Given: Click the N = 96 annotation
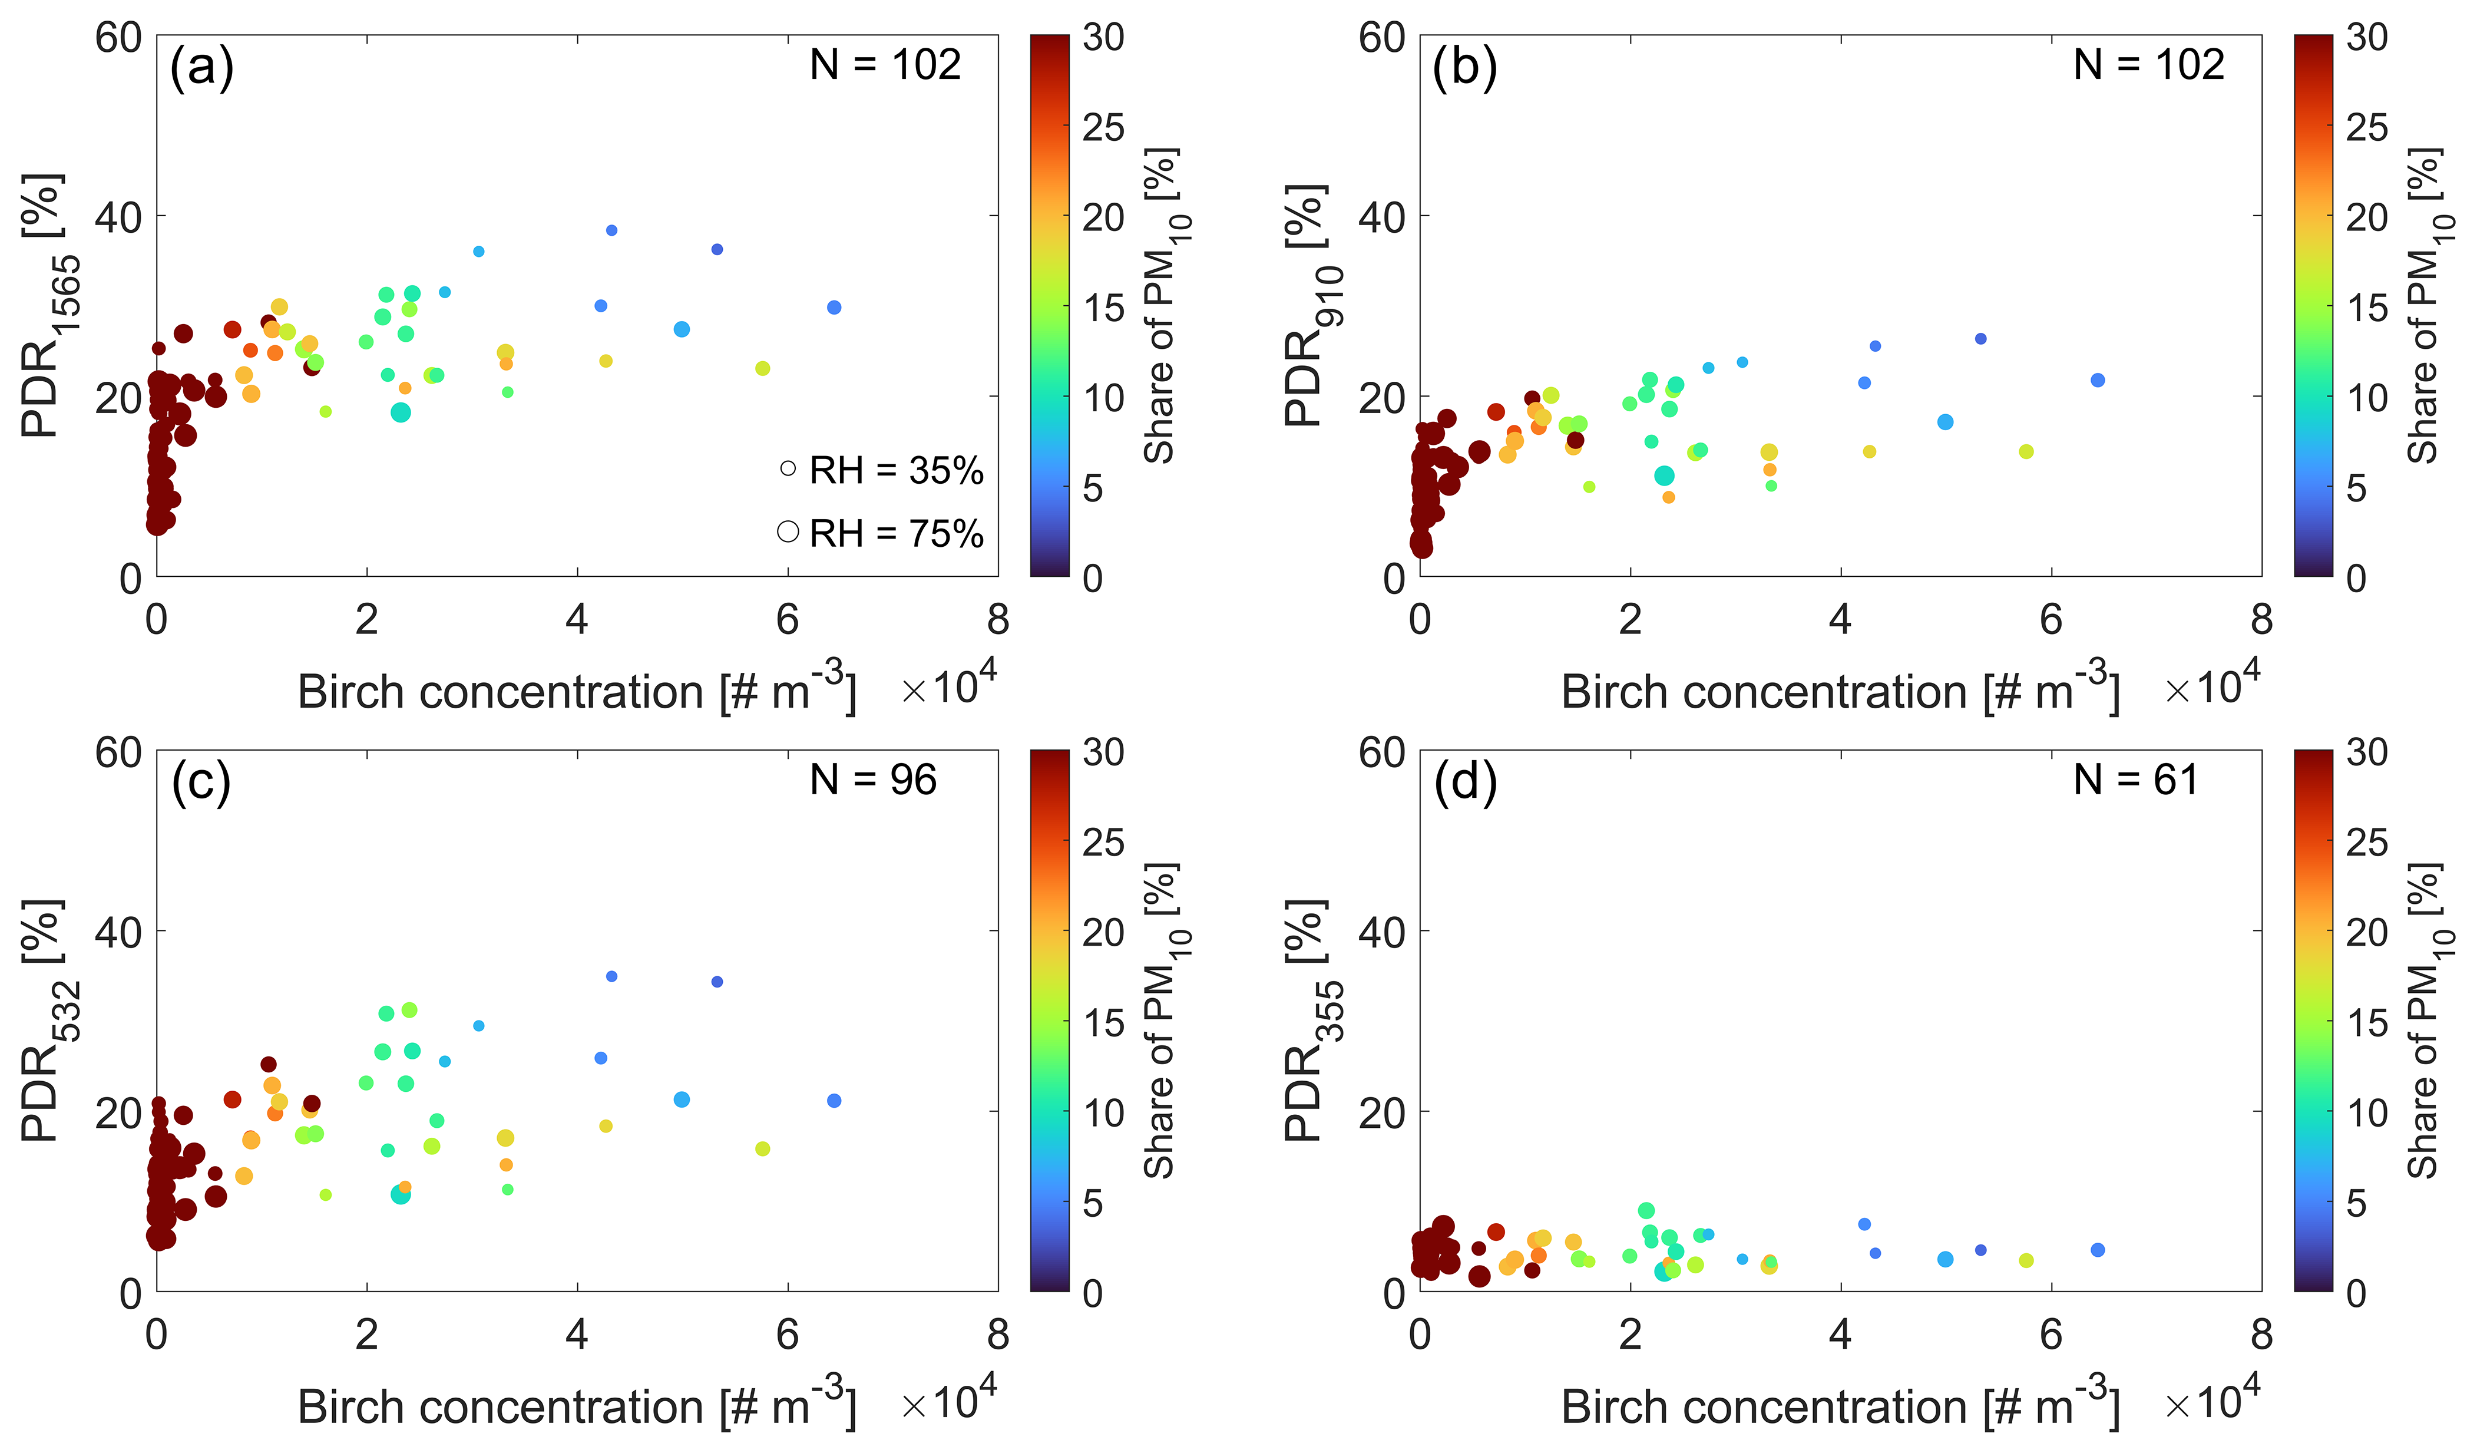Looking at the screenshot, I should (873, 781).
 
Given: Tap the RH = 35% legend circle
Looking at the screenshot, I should (788, 469).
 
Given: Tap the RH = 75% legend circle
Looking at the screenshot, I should (788, 532).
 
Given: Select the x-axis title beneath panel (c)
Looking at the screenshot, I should (577, 1407).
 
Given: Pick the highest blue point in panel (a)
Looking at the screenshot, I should (611, 230).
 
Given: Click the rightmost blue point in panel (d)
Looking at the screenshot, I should (2098, 1250).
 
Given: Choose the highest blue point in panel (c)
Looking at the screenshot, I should (611, 976).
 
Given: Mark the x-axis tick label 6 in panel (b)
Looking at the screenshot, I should (2051, 619).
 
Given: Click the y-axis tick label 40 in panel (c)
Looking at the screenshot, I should (118, 931).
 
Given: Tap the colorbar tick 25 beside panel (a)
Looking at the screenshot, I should (1103, 127).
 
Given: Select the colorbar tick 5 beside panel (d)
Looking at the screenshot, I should (2356, 1203).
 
